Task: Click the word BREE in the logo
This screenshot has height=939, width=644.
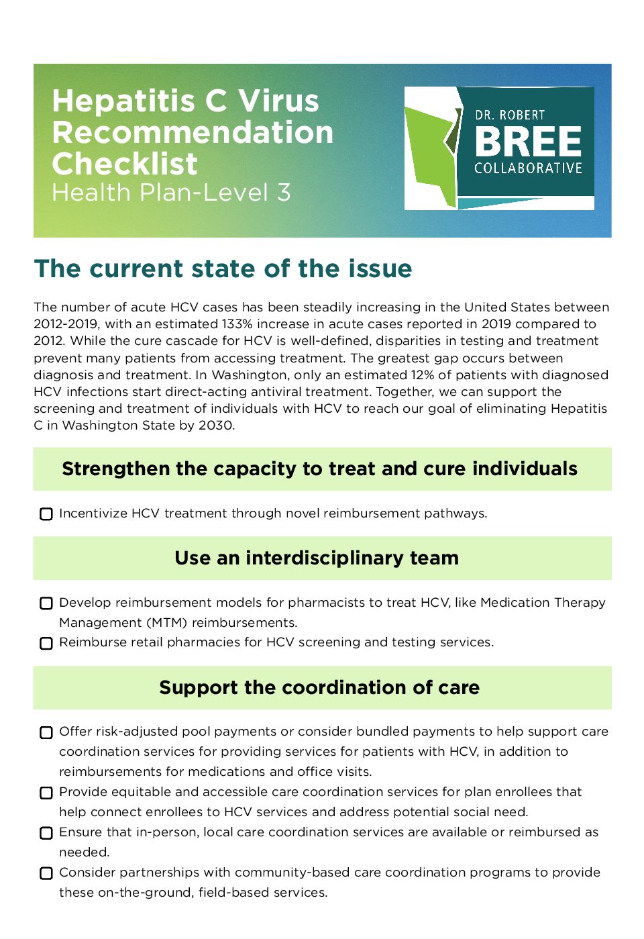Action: coord(528,142)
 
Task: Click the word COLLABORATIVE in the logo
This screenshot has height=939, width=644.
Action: coord(528,168)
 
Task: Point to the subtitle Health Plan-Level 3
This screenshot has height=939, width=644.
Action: coord(171,193)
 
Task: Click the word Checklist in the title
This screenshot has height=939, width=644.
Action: coord(125,164)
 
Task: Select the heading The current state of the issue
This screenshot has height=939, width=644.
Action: coord(223,268)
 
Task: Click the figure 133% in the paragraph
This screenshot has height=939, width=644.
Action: coord(239,324)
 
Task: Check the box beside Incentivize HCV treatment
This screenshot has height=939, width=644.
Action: coord(46,514)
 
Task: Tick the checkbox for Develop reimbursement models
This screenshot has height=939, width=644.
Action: coord(46,603)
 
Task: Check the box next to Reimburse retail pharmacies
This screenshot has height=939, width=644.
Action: coord(46,643)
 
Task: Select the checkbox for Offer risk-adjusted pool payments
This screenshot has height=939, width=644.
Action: coord(46,732)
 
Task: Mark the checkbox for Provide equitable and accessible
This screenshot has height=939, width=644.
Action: coord(46,793)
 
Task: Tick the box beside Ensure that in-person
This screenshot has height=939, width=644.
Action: coord(46,833)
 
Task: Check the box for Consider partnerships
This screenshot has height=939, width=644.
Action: coord(46,873)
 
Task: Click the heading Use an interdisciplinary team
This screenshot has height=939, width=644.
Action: coord(317,558)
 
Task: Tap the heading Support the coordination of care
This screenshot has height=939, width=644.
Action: coord(319,687)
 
